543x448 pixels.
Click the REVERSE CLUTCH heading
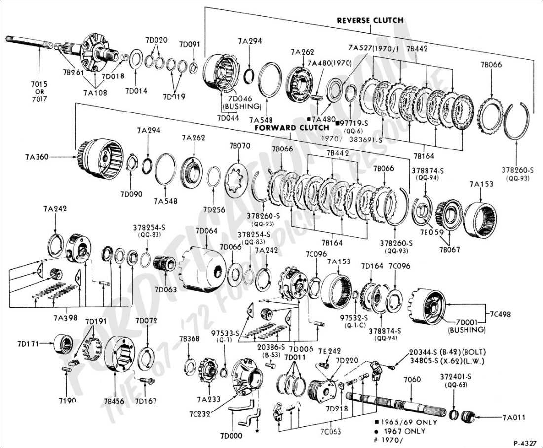click(x=370, y=20)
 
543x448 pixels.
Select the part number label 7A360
click(x=36, y=157)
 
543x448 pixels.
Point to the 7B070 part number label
click(x=239, y=146)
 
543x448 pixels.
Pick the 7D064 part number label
click(x=206, y=231)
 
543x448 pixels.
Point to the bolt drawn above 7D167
click(x=144, y=382)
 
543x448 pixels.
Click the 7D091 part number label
click(x=190, y=44)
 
